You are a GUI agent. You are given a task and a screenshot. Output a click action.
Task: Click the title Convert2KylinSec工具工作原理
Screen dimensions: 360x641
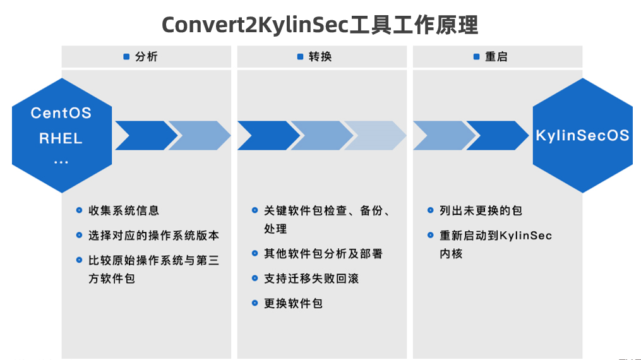320,24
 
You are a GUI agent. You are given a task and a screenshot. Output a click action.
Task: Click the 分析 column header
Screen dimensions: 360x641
146,57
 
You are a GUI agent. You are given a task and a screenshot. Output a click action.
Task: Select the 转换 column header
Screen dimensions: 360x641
320,57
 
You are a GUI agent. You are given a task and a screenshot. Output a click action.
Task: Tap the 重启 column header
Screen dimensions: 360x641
496,57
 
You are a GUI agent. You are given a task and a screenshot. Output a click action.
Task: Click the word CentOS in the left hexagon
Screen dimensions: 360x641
61,113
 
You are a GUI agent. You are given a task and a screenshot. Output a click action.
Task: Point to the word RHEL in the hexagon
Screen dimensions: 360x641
61,138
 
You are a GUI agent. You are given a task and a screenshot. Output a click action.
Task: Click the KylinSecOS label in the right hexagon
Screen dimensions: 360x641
582,136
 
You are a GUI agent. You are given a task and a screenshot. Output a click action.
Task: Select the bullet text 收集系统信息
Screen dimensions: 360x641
124,210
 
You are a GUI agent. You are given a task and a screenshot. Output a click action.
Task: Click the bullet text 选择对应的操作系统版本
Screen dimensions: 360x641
153,236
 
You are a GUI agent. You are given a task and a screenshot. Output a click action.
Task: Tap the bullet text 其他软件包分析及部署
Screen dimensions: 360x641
323,254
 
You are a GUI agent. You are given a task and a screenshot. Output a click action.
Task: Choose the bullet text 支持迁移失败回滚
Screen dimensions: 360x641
311,279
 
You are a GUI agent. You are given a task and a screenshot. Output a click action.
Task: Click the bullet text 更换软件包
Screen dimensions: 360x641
293,303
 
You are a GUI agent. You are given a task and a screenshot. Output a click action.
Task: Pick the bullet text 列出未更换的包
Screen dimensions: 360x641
481,210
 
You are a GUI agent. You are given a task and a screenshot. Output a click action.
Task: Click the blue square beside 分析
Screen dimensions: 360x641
126,57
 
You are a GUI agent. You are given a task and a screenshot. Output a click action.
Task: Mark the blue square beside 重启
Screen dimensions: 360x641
477,57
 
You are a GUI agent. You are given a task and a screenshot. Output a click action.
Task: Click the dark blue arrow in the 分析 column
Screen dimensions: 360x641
144,135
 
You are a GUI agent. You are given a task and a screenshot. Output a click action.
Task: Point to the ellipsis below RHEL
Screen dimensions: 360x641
61,162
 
